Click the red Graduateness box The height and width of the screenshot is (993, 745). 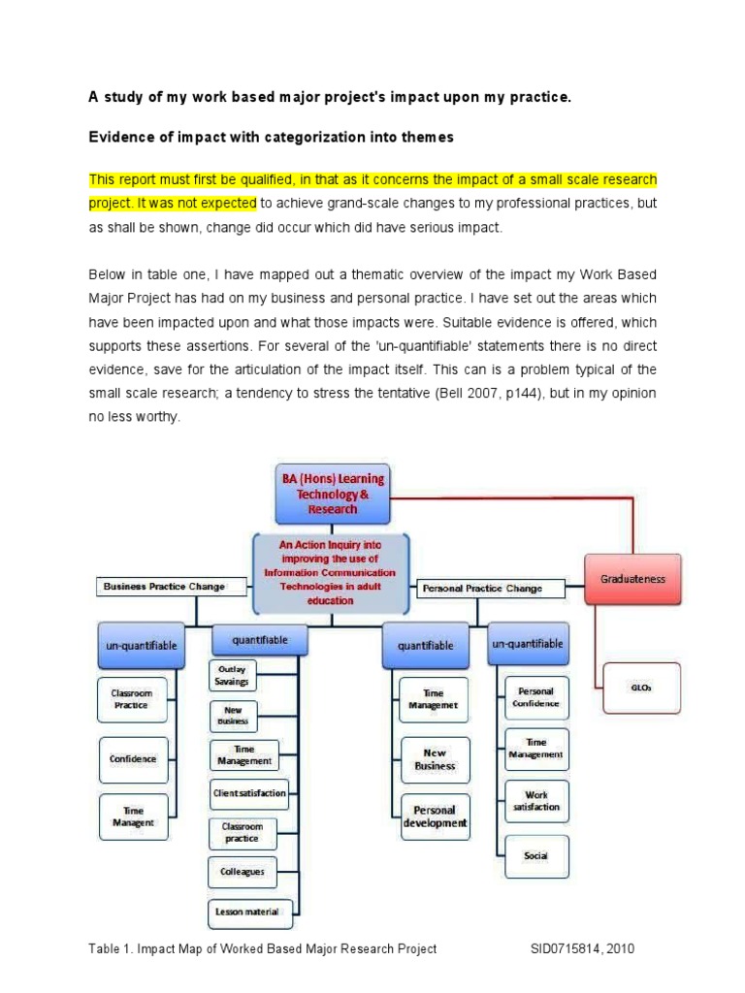(x=632, y=579)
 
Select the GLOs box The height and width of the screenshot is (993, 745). (x=641, y=687)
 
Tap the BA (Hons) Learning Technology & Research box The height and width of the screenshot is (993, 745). (x=332, y=493)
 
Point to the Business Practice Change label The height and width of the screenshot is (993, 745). (x=163, y=586)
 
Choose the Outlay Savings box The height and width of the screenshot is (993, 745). (x=232, y=676)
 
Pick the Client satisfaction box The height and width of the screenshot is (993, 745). (x=249, y=792)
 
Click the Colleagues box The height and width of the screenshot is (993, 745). (x=242, y=871)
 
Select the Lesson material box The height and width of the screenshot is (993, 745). (x=246, y=911)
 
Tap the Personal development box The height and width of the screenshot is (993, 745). (x=435, y=817)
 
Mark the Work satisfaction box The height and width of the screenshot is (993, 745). (x=535, y=800)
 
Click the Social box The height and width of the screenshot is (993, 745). (x=535, y=855)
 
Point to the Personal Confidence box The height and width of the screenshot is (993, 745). (x=535, y=697)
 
